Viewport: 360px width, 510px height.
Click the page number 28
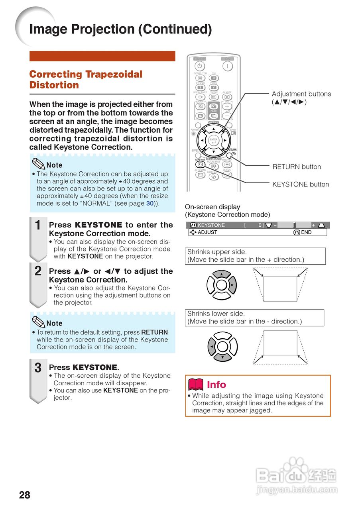pos(24,495)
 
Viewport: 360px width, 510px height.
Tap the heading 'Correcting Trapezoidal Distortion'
pos(86,79)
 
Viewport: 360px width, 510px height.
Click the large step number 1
pos(38,226)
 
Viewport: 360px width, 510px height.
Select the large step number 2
pos(38,271)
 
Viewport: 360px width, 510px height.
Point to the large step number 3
pos(38,368)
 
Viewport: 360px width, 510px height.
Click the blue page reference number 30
pos(150,203)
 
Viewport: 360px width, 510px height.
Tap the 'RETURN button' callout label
pos(297,167)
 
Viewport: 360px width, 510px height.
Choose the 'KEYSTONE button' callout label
pos(301,184)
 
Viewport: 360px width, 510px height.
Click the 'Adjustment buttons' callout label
pos(301,94)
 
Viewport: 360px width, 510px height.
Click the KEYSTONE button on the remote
pos(201,164)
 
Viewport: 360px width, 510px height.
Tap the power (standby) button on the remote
pos(200,66)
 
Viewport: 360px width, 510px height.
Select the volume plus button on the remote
pos(227,107)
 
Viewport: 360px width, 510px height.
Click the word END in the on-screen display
pos(306,232)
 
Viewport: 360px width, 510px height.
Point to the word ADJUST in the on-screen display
pos(207,232)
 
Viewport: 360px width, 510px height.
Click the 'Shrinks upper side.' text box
pos(255,256)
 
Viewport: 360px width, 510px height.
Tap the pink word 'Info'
pos(216,384)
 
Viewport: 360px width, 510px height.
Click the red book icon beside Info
pos(196,384)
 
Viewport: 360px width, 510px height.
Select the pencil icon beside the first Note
pos(38,164)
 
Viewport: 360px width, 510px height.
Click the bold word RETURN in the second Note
pos(154,332)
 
